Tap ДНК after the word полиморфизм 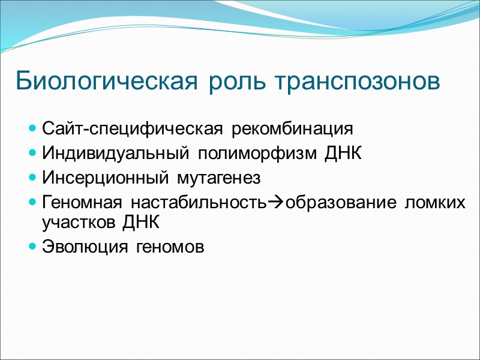(344, 154)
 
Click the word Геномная (79, 203)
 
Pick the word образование (337, 203)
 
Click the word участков (79, 223)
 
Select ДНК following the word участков (141, 223)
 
